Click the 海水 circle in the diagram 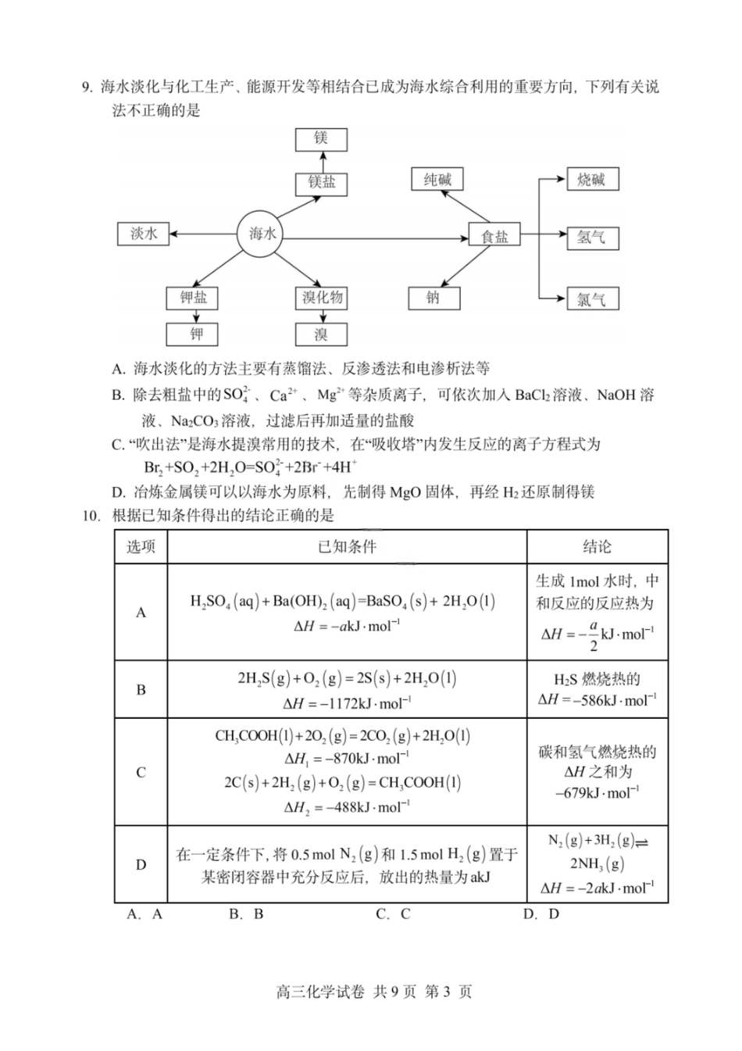[x=262, y=234]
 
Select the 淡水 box [x=144, y=234]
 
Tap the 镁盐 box [x=322, y=183]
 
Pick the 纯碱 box [x=437, y=180]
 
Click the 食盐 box [x=494, y=236]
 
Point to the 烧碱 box [x=591, y=180]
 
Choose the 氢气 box [x=591, y=238]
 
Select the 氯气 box [x=591, y=298]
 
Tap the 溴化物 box [x=323, y=298]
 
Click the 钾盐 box [x=193, y=298]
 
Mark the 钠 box [x=433, y=298]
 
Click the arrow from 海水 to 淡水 [x=203, y=234]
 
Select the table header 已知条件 [x=348, y=547]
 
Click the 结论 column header [x=598, y=547]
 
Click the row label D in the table [x=141, y=864]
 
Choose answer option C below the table [x=394, y=914]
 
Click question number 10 [x=91, y=515]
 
